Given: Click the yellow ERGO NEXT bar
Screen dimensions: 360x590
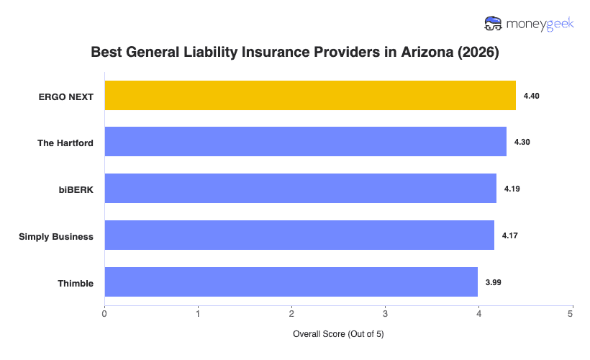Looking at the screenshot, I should coord(310,96).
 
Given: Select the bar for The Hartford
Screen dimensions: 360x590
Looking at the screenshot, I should coord(305,143).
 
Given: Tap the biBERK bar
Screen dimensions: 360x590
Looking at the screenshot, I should coord(300,189).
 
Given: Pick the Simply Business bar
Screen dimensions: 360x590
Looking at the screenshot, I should coord(299,235).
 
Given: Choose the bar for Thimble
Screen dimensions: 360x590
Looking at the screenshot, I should coord(291,282).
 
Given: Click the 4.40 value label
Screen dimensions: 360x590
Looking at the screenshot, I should coord(532,96).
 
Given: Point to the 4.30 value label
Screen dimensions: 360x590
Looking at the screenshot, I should coord(522,143).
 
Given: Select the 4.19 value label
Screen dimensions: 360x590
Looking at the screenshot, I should coord(512,189).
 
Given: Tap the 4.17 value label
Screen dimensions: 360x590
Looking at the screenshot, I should coord(510,235).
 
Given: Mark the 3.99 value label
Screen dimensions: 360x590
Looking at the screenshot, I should coord(493,282).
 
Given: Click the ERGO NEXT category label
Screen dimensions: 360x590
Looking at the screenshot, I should coord(66,96).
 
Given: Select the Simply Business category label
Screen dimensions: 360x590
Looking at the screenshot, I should coord(56,236).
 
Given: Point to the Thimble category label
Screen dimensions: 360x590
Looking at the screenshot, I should coord(76,283).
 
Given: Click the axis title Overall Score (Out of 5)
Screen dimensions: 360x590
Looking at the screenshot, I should coord(338,335).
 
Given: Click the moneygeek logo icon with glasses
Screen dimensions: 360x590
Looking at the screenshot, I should coord(494,24).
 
